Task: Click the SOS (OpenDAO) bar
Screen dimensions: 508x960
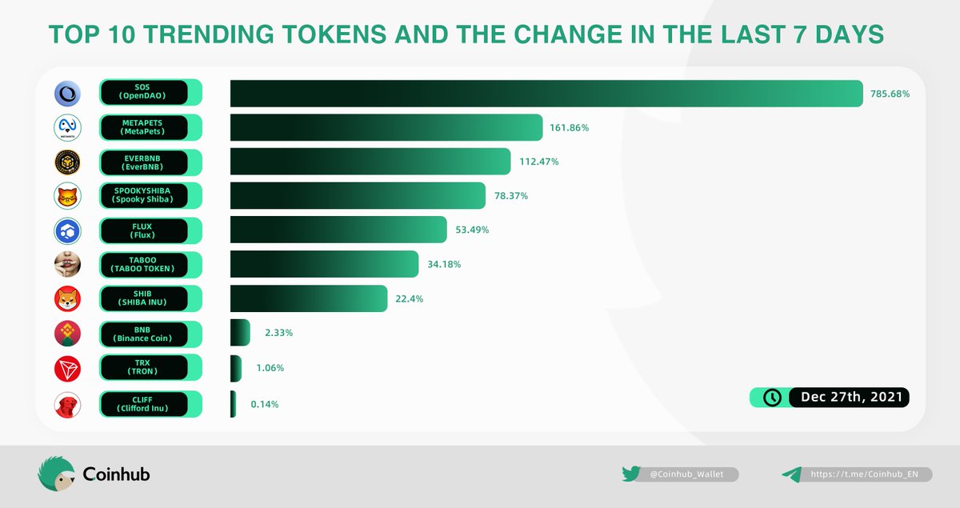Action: [546, 94]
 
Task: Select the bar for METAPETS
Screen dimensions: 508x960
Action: [387, 128]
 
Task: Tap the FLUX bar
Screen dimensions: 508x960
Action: [338, 230]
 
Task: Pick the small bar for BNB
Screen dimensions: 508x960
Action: [240, 333]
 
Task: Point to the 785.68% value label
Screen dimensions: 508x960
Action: [890, 94]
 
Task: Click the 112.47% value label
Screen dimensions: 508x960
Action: [538, 162]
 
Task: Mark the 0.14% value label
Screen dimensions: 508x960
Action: [265, 404]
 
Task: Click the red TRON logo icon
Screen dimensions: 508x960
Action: [67, 368]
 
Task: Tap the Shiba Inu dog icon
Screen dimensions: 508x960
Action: [67, 299]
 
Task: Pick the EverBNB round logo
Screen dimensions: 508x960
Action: [67, 162]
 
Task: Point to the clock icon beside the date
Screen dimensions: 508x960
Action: [772, 398]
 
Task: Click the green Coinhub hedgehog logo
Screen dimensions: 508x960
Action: [56, 474]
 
